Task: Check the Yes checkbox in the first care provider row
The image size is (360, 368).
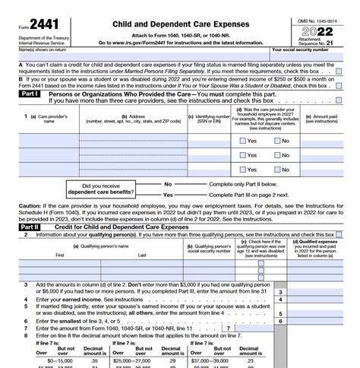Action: tap(242, 141)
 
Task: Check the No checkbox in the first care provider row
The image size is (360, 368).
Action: tap(276, 141)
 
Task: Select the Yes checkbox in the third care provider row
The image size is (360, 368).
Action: tap(242, 170)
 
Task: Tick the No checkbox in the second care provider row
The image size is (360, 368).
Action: tap(276, 156)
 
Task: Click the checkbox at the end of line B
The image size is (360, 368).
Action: tap(338, 86)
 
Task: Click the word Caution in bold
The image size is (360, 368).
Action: tap(30, 205)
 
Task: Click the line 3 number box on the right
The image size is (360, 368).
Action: tap(280, 292)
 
